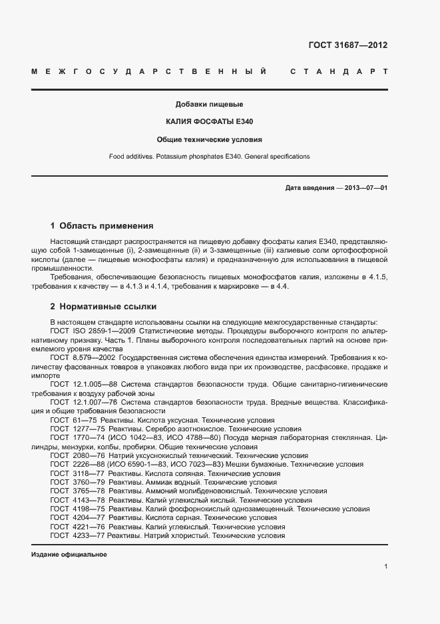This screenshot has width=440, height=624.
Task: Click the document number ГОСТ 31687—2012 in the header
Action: click(347, 45)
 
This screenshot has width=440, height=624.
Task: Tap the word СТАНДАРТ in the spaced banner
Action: click(339, 71)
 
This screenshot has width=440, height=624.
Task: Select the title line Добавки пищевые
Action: click(209, 105)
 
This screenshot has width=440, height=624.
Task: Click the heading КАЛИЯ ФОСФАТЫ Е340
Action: click(209, 122)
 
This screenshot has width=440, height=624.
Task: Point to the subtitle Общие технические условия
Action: click(209, 140)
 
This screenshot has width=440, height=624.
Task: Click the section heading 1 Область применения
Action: click(102, 225)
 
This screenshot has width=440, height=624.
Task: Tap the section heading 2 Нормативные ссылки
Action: click(103, 307)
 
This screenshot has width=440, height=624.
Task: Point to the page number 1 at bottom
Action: click(385, 566)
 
